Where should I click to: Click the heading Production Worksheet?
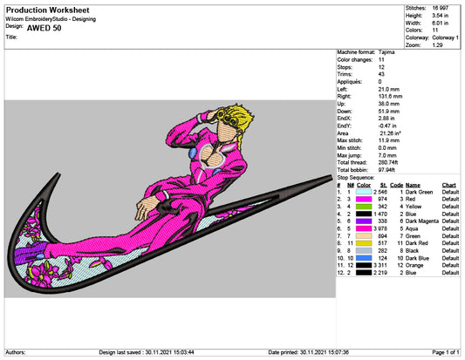click(47, 10)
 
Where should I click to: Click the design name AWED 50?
click(44, 28)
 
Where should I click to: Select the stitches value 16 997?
click(441, 8)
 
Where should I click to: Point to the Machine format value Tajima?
click(386, 52)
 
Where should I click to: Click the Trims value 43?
click(381, 74)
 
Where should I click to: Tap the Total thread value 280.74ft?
click(388, 162)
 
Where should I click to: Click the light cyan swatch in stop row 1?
click(364, 192)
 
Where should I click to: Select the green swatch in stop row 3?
click(364, 207)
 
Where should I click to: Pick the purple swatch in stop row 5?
click(364, 221)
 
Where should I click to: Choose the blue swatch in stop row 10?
click(364, 258)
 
